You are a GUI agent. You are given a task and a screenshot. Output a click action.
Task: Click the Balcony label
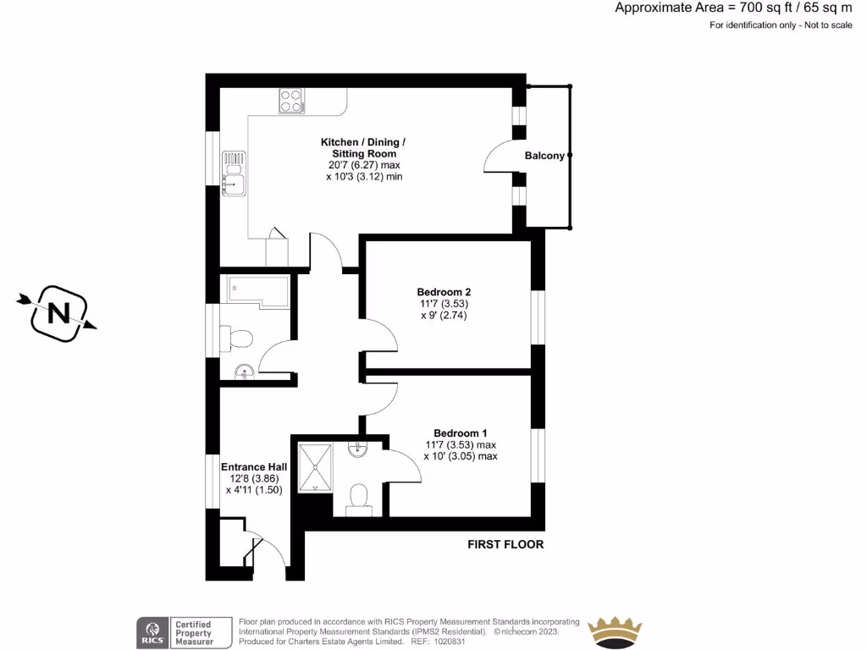[544, 156]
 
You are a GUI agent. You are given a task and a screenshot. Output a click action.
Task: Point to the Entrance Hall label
[254, 466]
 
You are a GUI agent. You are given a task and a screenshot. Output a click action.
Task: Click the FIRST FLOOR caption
[505, 544]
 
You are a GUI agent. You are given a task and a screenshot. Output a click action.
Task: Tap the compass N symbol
[58, 313]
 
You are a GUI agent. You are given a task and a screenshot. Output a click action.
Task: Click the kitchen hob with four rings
[290, 102]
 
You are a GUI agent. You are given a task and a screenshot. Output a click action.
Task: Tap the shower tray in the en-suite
[313, 465]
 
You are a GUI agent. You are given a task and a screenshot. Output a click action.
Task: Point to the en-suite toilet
[360, 497]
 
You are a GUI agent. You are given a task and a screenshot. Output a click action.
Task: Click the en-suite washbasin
[358, 449]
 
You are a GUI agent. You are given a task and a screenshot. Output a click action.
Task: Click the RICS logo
[152, 631]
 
